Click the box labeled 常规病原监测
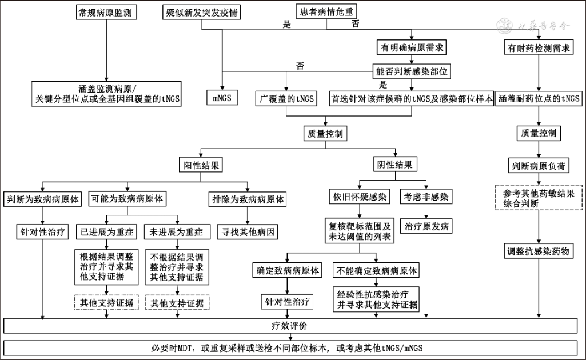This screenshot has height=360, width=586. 107,12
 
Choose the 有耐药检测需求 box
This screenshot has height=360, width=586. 538,47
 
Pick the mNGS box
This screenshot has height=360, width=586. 222,98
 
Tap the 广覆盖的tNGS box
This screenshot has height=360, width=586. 286,98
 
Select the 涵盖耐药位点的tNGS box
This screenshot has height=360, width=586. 539,98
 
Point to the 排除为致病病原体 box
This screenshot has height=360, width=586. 248,200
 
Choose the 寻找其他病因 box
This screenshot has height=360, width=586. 248,232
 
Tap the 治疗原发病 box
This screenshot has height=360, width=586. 427,227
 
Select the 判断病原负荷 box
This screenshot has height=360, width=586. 539,166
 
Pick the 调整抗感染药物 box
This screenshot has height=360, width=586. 539,251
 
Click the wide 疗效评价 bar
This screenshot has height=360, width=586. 293,326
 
